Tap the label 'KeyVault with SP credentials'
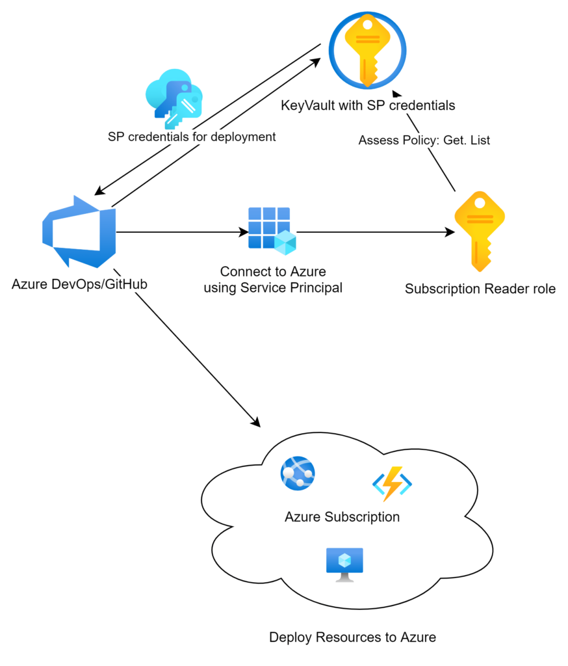pos(368,105)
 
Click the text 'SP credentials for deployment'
pos(192,137)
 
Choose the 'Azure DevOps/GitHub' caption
pos(79,284)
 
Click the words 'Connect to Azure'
pos(273,272)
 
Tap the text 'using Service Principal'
pos(273,287)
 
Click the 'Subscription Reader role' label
pos(480,289)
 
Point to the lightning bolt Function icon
pos(392,485)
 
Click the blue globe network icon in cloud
pos(298,473)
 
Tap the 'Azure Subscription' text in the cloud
pos(342,517)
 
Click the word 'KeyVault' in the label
pos(306,105)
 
